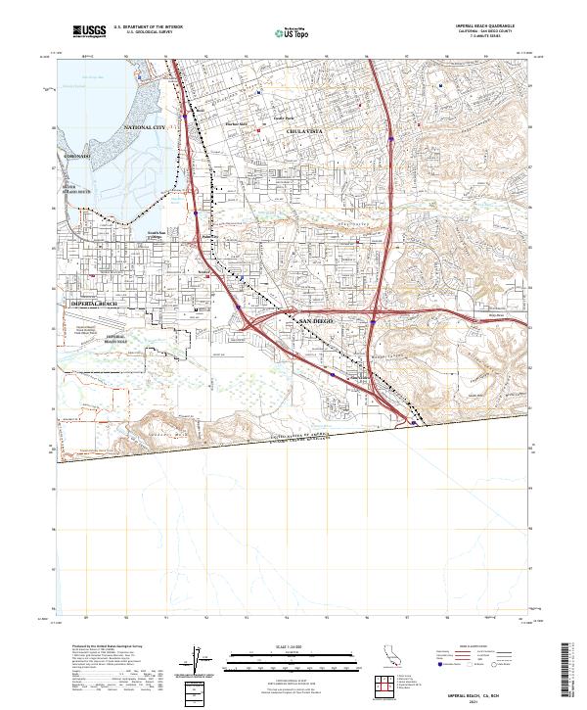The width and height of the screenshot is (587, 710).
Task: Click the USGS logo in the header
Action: click(x=89, y=32)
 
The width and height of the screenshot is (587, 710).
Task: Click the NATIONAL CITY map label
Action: click(x=146, y=129)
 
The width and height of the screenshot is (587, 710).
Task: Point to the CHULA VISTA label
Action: click(x=303, y=130)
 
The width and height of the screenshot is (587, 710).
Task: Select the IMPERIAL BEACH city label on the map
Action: click(x=94, y=305)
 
